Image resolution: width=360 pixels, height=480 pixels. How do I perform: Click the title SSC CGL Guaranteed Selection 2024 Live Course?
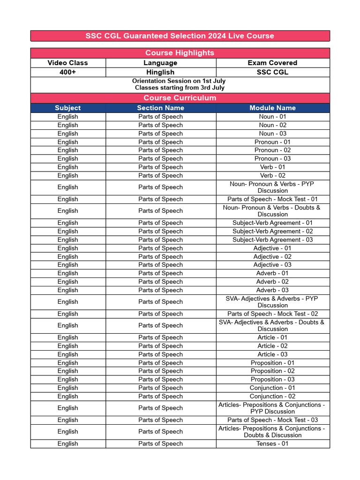[180, 36]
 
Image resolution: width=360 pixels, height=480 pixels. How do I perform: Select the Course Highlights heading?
[180, 53]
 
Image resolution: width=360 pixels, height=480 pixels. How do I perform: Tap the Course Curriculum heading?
[180, 98]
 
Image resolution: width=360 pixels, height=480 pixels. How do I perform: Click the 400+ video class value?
[67, 72]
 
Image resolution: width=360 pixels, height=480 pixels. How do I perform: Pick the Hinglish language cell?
[160, 72]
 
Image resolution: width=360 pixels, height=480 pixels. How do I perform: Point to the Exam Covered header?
[272, 63]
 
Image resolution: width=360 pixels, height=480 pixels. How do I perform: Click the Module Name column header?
[272, 108]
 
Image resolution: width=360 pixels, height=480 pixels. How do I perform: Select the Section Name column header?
[160, 108]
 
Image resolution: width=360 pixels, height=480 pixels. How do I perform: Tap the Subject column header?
[67, 108]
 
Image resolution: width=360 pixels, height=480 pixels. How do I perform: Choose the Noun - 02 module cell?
[272, 125]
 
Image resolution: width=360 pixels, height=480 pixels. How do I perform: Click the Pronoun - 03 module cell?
[272, 158]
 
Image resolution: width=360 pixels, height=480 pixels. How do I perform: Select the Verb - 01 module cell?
[272, 167]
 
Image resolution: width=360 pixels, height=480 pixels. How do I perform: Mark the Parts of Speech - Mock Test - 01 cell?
[272, 199]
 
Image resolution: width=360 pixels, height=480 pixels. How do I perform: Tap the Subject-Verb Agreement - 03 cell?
[272, 240]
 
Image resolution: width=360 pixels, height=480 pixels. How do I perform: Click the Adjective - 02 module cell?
[272, 256]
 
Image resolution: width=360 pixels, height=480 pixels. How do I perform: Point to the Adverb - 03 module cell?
[272, 290]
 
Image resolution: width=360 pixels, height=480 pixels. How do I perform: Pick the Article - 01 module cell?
[272, 337]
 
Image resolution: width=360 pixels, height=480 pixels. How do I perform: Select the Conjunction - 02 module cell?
[272, 396]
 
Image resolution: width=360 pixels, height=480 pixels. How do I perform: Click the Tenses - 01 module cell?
[272, 443]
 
